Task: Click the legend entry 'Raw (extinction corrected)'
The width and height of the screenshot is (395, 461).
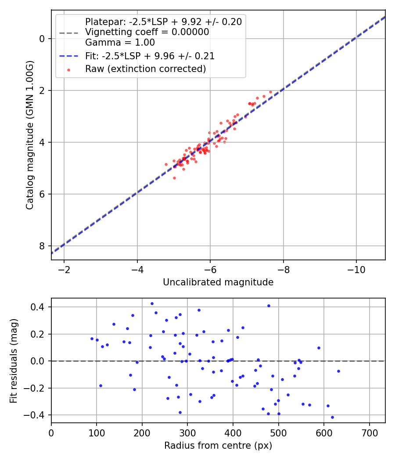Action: [x=145, y=68]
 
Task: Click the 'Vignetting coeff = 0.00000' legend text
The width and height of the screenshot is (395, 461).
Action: [x=147, y=32]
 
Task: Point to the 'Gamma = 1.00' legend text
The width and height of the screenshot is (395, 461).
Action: [x=120, y=43]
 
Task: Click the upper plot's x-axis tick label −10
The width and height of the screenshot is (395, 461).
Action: [x=355, y=269]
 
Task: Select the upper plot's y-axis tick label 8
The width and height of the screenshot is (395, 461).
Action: [x=42, y=246]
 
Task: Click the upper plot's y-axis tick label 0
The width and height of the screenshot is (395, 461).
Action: [x=42, y=39]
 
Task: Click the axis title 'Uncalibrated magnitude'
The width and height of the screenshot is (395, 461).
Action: [x=218, y=282]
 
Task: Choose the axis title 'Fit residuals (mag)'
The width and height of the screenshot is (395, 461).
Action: [x=14, y=360]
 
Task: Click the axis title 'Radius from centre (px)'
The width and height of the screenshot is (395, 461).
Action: [x=218, y=446]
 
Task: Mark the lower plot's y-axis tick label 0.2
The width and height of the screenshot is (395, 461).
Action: [x=39, y=334]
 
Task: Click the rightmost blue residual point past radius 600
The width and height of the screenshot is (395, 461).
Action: [x=338, y=371]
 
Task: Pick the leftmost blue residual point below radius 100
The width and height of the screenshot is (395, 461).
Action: [x=92, y=339]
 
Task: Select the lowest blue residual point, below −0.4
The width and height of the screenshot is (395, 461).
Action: [x=332, y=417]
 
